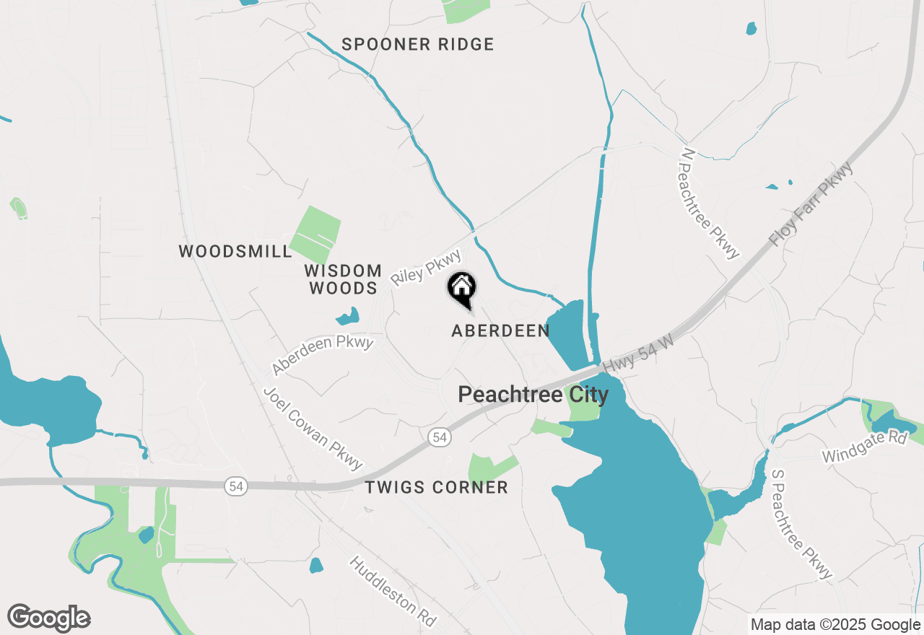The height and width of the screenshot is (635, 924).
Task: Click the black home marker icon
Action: (462, 289)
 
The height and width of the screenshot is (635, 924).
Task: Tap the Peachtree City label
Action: (533, 395)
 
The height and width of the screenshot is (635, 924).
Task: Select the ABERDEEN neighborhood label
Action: (500, 331)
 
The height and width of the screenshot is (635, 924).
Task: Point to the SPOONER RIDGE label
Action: (418, 45)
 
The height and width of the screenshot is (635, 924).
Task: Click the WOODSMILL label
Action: (235, 252)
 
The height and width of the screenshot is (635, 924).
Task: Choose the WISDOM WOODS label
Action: (343, 280)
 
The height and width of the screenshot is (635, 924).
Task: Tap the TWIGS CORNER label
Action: (436, 488)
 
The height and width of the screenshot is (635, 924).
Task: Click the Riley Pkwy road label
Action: (426, 268)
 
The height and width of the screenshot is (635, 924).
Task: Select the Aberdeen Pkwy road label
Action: (323, 354)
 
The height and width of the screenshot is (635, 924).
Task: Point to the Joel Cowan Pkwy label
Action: (313, 428)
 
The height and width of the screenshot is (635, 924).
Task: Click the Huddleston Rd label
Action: (393, 591)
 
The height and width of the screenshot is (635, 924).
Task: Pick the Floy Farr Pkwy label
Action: (811, 204)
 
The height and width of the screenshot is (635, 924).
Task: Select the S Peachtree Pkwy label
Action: (801, 524)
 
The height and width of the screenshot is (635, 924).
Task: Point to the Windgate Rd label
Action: (864, 456)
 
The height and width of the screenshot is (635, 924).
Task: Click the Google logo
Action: (49, 618)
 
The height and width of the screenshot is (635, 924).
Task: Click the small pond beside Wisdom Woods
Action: (347, 317)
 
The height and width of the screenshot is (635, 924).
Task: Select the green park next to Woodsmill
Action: (315, 235)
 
